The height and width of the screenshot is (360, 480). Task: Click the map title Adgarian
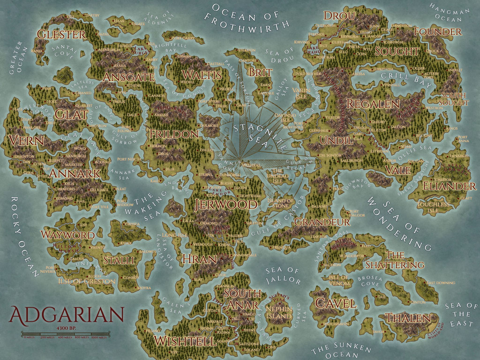[66, 314]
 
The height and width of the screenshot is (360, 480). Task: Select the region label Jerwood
[226, 204]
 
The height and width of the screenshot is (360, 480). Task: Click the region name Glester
[61, 34]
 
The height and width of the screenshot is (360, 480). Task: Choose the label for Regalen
[373, 104]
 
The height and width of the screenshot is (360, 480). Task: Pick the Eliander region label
[449, 186]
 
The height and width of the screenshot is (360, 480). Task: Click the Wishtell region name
[185, 341]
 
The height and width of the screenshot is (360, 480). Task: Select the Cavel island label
[335, 303]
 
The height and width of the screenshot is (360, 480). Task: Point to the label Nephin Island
[278, 313]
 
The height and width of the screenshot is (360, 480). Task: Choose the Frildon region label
[174, 134]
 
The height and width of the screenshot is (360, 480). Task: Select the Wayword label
[67, 234]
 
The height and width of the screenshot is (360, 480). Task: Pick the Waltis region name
[202, 75]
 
